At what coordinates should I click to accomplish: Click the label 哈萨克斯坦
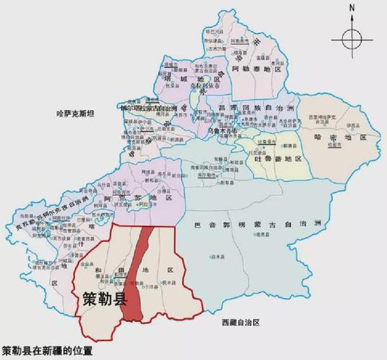point(79,114)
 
